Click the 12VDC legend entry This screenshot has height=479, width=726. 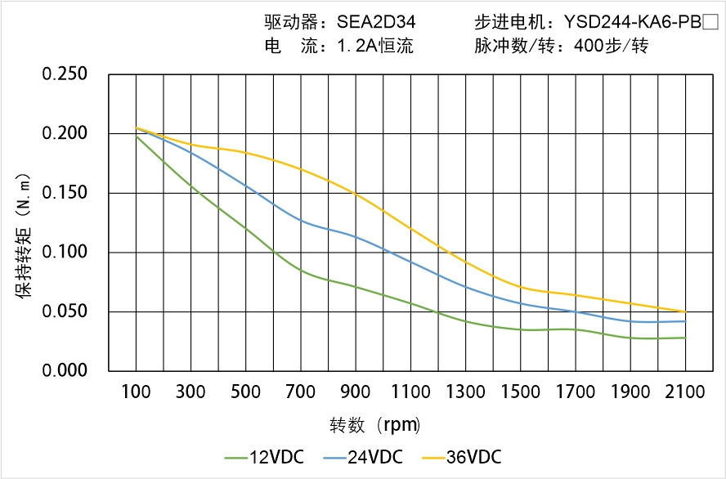click(x=264, y=457)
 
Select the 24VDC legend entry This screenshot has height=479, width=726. click(x=363, y=457)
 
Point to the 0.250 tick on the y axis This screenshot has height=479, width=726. click(x=65, y=74)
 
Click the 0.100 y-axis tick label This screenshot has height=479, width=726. click(x=65, y=253)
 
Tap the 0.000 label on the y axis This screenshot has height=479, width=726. click(x=65, y=371)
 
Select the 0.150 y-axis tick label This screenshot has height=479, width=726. click(x=65, y=193)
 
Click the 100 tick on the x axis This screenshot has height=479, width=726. click(x=136, y=392)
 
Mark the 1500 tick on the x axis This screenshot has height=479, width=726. click(x=520, y=392)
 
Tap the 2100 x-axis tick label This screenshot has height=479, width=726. click(x=685, y=392)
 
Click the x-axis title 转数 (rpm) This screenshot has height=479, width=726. click(x=375, y=425)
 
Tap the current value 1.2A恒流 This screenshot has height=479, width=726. click(x=375, y=46)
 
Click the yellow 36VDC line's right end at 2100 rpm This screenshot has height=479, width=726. click(x=685, y=311)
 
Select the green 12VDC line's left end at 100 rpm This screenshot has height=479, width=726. click(x=136, y=136)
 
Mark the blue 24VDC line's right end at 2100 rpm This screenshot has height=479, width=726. click(x=685, y=321)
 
